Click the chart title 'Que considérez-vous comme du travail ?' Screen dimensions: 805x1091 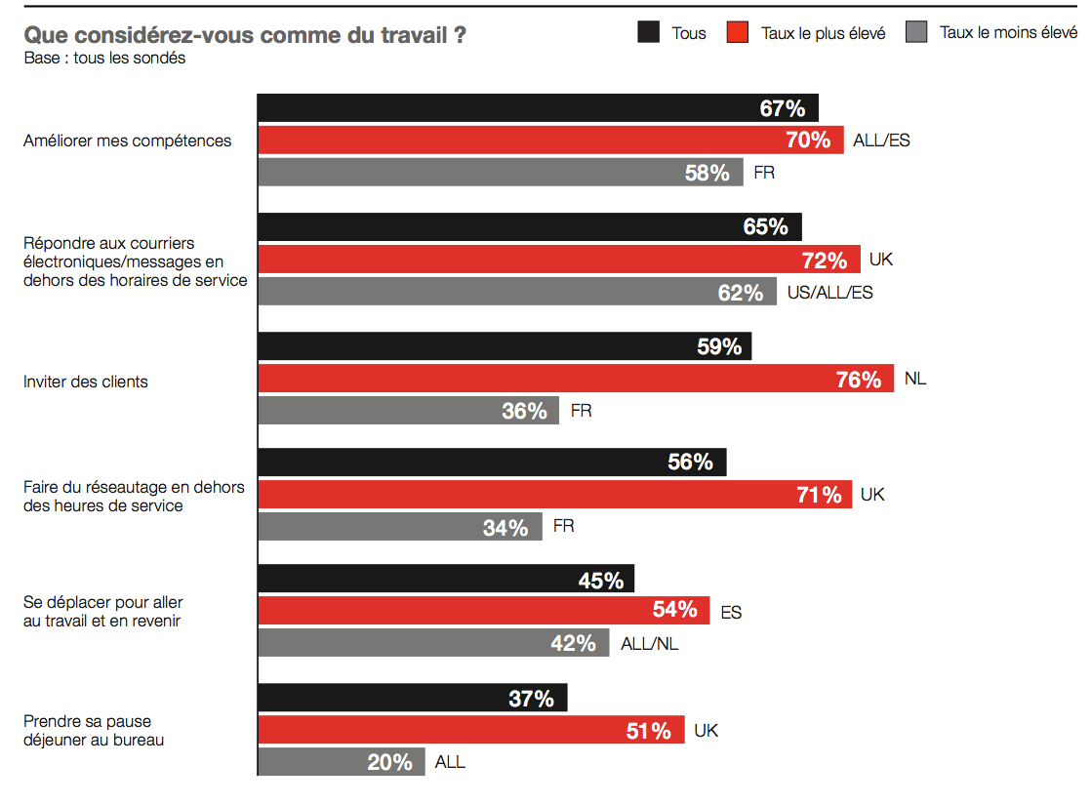(x=244, y=36)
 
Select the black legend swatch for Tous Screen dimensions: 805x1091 (x=649, y=32)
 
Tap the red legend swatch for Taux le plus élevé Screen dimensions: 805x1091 (x=738, y=32)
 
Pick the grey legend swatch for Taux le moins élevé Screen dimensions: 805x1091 (x=916, y=32)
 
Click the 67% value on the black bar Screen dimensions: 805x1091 (x=783, y=108)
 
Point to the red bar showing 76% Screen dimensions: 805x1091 (x=576, y=379)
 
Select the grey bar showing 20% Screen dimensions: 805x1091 (x=342, y=762)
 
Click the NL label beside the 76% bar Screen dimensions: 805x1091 (x=915, y=379)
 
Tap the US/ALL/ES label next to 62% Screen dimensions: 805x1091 (x=829, y=292)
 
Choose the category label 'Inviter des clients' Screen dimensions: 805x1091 (x=86, y=382)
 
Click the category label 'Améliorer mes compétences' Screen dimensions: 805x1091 (x=128, y=141)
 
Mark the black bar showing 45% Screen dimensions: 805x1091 (x=445, y=580)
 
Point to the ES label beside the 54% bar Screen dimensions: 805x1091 (x=731, y=613)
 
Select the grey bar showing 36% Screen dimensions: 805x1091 (x=408, y=411)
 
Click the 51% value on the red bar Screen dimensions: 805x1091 (x=649, y=730)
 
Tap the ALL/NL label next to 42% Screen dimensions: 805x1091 (x=650, y=644)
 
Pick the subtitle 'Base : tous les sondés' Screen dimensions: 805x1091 (x=104, y=58)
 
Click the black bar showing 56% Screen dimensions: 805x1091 (x=491, y=463)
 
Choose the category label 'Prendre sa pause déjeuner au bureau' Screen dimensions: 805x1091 (x=94, y=731)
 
